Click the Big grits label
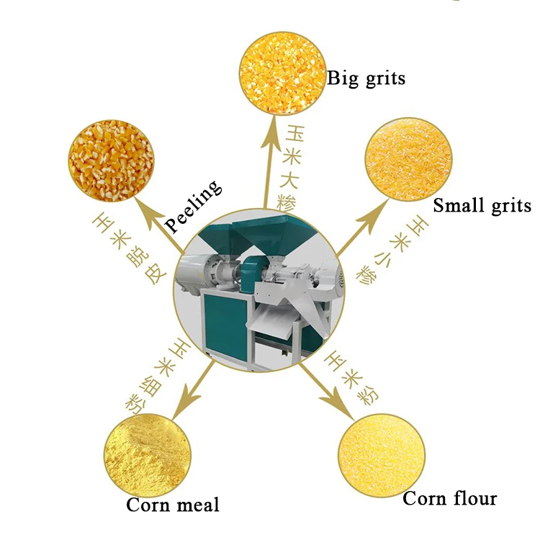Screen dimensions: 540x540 (x=366, y=78)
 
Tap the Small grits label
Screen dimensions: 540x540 (x=482, y=206)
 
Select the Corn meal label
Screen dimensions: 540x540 (x=172, y=504)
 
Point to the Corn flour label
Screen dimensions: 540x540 (x=449, y=498)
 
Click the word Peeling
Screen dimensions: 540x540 (x=193, y=207)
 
